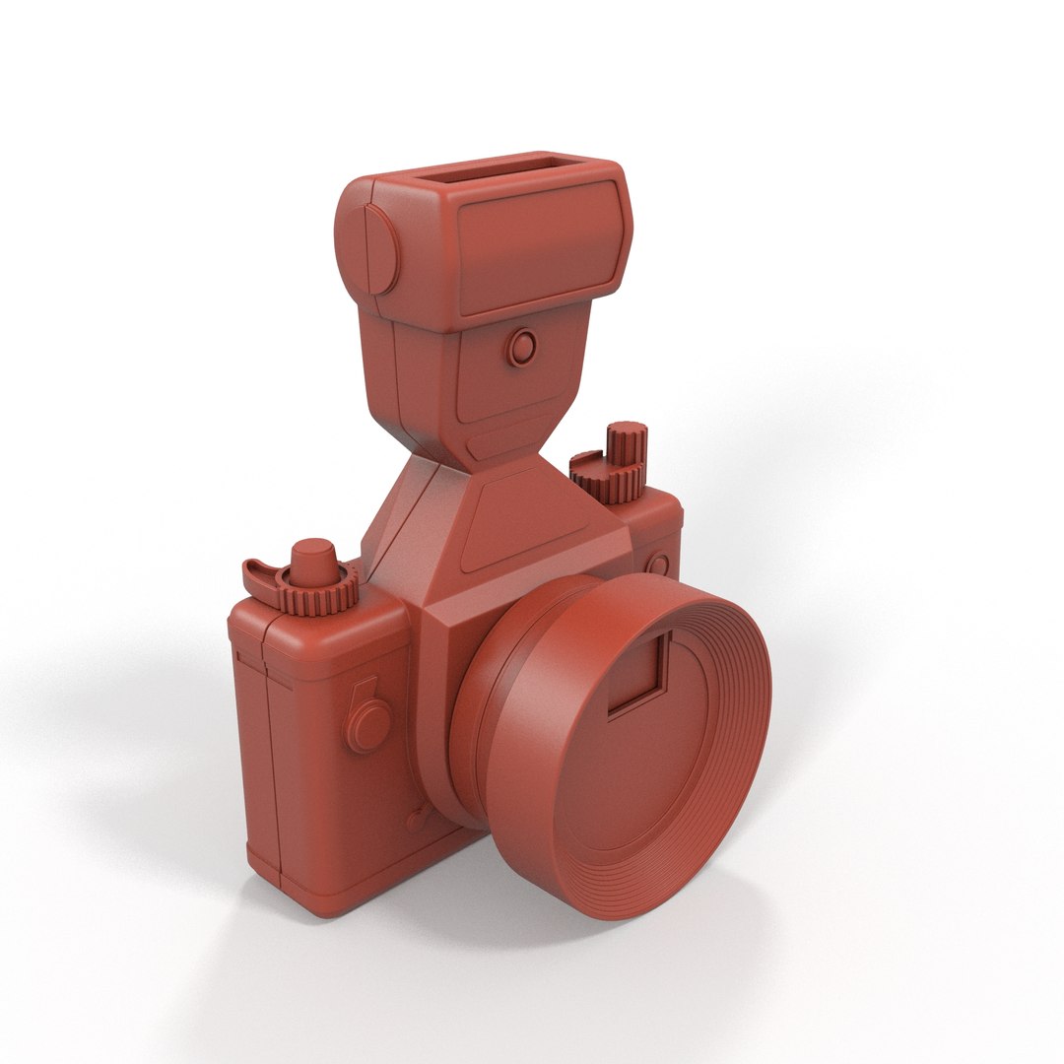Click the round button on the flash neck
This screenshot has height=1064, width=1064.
coord(522,347)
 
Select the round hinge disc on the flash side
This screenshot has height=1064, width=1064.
coord(377,248)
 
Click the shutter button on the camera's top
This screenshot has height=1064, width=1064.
coord(314,559)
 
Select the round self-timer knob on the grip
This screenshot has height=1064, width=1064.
coord(368,724)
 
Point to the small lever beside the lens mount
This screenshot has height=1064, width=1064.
coord(418,816)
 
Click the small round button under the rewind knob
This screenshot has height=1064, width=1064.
coord(658,565)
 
